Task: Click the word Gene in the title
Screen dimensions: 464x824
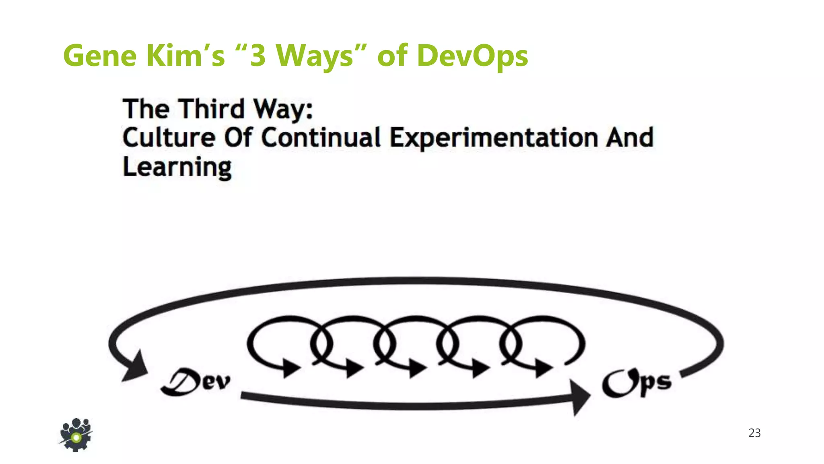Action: point(100,56)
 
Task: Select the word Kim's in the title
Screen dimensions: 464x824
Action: point(185,56)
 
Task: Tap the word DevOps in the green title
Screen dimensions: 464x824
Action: point(472,56)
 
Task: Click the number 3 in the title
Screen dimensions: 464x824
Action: point(258,56)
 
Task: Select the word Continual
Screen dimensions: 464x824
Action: point(321,138)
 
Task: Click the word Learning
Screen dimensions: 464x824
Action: point(177,168)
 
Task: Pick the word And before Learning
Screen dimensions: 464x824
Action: point(630,138)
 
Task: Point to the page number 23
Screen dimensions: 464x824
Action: point(754,433)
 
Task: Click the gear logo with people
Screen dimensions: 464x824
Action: point(76,435)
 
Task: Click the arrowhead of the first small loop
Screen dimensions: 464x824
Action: point(290,367)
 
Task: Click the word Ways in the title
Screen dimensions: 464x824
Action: point(314,56)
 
